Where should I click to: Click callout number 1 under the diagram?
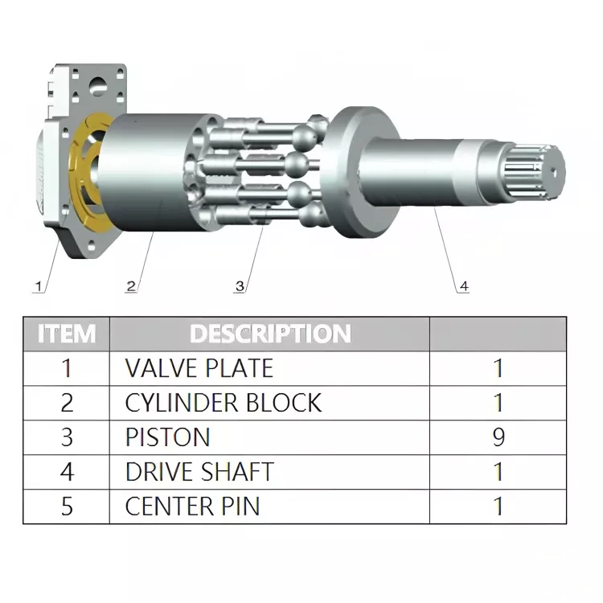(x=38, y=286)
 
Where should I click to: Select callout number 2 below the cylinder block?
(x=131, y=286)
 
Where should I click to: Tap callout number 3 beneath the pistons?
(x=240, y=286)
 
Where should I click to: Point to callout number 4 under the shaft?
(x=464, y=286)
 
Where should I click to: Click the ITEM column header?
(x=67, y=334)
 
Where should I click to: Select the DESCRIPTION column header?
(x=270, y=334)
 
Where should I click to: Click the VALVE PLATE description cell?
(x=199, y=368)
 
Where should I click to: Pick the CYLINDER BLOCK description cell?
(x=224, y=403)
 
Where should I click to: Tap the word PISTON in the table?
(x=168, y=437)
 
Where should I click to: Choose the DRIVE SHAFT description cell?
(x=199, y=471)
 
